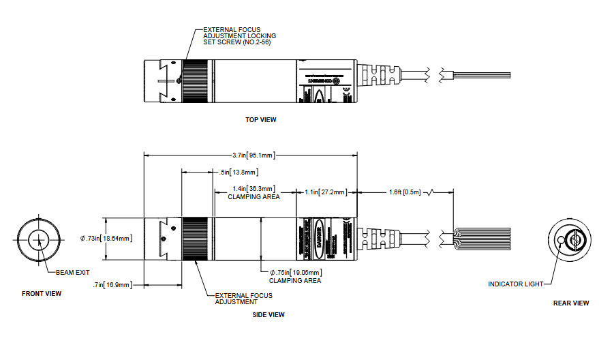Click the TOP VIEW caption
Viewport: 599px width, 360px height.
[261, 120]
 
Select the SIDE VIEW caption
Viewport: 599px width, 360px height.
[268, 315]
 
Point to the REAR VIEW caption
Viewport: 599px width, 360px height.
[570, 303]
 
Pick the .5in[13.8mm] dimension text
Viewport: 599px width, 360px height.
[235, 172]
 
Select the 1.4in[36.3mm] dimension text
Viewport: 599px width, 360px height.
[254, 189]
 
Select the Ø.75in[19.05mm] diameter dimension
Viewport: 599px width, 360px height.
[294, 273]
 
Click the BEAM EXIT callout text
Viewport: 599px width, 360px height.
[72, 272]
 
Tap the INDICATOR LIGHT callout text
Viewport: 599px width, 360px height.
[515, 284]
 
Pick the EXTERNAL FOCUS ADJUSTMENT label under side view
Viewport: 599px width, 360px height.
[243, 299]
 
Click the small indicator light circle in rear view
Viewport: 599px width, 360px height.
[561, 241]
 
